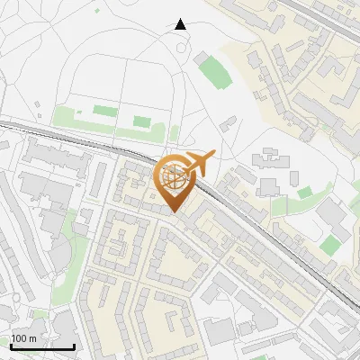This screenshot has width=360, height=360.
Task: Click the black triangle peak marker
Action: (181, 24)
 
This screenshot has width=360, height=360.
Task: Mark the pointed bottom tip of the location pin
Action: (175, 213)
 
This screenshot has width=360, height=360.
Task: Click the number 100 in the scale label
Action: (19, 339)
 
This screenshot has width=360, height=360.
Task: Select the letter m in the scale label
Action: (32, 339)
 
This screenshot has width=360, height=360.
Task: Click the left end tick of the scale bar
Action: (11, 346)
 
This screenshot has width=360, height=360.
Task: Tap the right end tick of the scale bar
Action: (74, 346)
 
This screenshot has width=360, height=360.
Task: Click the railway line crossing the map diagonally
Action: (270, 234)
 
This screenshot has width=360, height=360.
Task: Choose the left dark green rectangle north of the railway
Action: (104, 112)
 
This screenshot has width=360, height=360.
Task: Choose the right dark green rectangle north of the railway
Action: (141, 121)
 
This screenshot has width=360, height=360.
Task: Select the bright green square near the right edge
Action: (330, 245)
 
